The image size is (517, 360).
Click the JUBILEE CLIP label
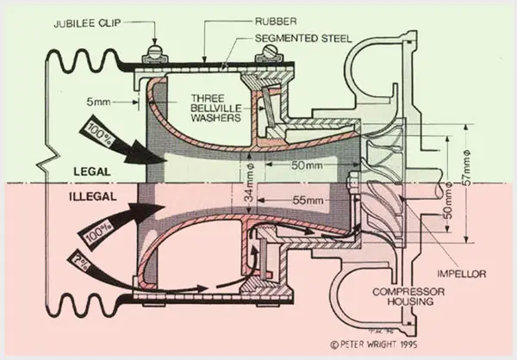tap(87, 23)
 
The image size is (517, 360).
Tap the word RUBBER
tap(276, 22)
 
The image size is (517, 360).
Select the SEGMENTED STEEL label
tap(303, 39)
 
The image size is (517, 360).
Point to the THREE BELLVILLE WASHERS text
tap(216, 108)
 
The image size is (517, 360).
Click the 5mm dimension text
tap(98, 102)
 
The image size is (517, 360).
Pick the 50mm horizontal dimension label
tap(307, 165)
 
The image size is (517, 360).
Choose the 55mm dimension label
tap(308, 200)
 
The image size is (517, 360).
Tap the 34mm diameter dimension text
tap(250, 183)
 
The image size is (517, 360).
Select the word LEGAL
tap(91, 171)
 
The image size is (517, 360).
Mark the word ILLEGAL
tap(93, 197)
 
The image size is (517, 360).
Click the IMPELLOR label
tap(462, 274)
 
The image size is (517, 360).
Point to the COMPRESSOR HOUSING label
tap(408, 296)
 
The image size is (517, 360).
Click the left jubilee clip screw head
tap(154, 52)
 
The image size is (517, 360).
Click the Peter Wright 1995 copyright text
tap(374, 344)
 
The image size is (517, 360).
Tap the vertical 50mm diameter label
tap(448, 201)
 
